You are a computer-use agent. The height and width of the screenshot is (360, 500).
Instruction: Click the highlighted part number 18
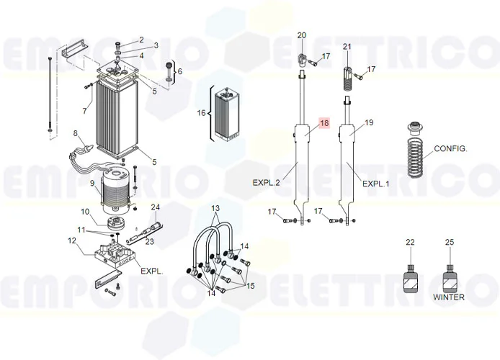coord(323,123)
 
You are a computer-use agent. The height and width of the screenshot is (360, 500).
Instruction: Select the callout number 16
coord(202,113)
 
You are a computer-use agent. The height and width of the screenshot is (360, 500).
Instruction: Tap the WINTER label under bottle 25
coord(448,297)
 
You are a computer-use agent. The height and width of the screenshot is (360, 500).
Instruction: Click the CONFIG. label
coord(450,149)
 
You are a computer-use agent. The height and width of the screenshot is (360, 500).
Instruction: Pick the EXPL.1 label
coord(375,184)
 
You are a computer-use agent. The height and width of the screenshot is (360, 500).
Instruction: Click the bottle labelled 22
coord(410,276)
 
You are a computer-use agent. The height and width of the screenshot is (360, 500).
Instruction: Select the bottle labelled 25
coord(448,276)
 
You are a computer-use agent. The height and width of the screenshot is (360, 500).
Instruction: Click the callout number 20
coord(301,35)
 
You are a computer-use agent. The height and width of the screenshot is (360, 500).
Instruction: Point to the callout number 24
coord(154,207)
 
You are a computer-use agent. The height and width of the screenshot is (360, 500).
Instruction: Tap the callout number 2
coord(141,39)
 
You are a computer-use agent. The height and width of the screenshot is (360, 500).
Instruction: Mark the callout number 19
coord(369,123)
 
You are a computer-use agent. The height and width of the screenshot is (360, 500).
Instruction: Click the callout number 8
coord(74,132)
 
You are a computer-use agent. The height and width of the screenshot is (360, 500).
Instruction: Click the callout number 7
coord(84,111)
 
